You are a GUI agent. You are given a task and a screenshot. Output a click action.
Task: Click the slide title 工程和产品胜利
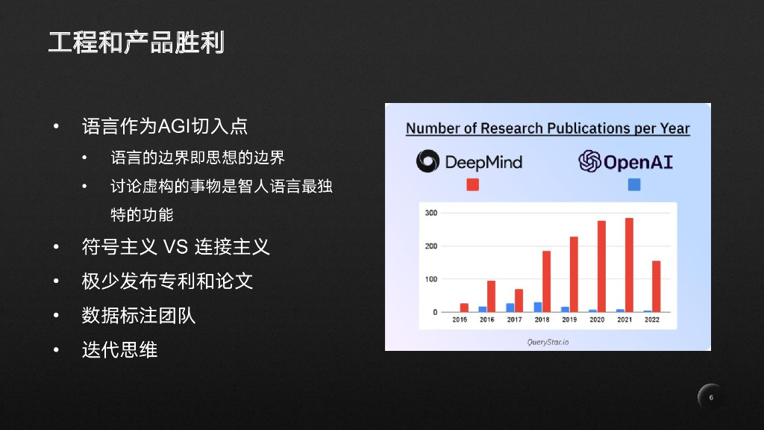click(x=137, y=42)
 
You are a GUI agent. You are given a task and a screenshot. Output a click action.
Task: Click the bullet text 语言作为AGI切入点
click(x=164, y=126)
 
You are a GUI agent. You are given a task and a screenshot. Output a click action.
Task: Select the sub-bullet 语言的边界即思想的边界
click(x=198, y=158)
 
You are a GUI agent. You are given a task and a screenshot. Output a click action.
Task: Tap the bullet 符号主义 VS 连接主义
click(x=175, y=246)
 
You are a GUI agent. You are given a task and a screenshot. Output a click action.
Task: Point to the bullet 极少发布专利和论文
click(x=167, y=281)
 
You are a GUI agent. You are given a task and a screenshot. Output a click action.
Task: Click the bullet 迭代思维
click(x=119, y=349)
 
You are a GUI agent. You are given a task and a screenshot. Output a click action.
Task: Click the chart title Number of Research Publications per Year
click(x=548, y=128)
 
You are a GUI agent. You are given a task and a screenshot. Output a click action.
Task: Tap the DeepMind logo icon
click(x=428, y=161)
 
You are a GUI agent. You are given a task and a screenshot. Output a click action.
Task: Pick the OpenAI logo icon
click(x=589, y=161)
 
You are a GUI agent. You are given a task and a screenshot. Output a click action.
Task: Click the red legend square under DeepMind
click(x=472, y=184)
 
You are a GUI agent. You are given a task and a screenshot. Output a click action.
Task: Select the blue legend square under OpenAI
click(x=634, y=184)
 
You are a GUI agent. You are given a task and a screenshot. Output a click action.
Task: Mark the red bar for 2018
click(x=546, y=281)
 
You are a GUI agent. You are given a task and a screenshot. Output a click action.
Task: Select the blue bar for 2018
click(x=537, y=307)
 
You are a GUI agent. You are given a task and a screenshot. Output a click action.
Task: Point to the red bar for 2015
click(x=464, y=308)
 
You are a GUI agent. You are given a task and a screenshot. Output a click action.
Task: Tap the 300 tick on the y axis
click(x=431, y=214)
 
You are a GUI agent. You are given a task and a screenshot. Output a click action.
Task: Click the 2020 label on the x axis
click(x=597, y=320)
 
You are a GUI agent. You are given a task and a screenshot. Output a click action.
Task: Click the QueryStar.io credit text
click(x=548, y=342)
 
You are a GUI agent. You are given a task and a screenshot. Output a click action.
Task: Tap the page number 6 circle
click(x=711, y=397)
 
